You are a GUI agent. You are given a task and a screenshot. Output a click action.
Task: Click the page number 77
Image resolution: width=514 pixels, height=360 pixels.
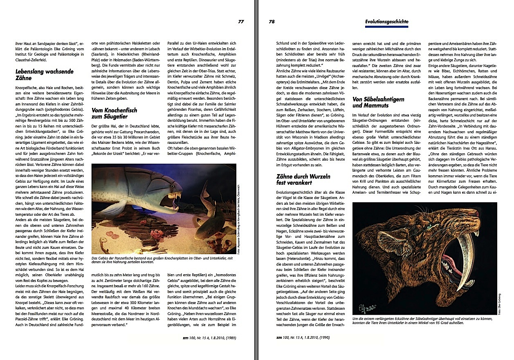(x=241, y=22)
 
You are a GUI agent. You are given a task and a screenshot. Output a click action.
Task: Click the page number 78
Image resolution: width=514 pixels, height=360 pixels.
(x=272, y=22)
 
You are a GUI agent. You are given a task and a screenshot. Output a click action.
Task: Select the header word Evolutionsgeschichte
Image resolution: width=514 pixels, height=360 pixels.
(x=386, y=22)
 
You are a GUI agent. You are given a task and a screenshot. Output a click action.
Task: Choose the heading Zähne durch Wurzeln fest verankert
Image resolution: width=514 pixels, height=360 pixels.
(x=303, y=179)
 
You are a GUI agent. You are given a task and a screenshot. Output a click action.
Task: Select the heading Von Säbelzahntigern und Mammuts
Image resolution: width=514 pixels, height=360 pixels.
(x=378, y=102)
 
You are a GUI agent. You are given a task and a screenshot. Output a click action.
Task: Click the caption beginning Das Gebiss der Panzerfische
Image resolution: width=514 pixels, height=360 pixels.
(x=162, y=260)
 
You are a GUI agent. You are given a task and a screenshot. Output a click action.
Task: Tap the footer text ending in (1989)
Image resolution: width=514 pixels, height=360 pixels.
(x=209, y=338)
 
